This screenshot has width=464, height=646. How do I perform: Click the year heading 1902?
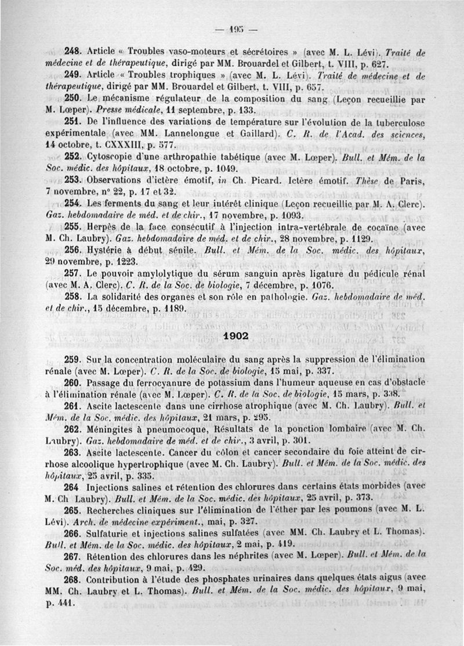[x=235, y=336]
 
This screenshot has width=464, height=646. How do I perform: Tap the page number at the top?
[x=235, y=30]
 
